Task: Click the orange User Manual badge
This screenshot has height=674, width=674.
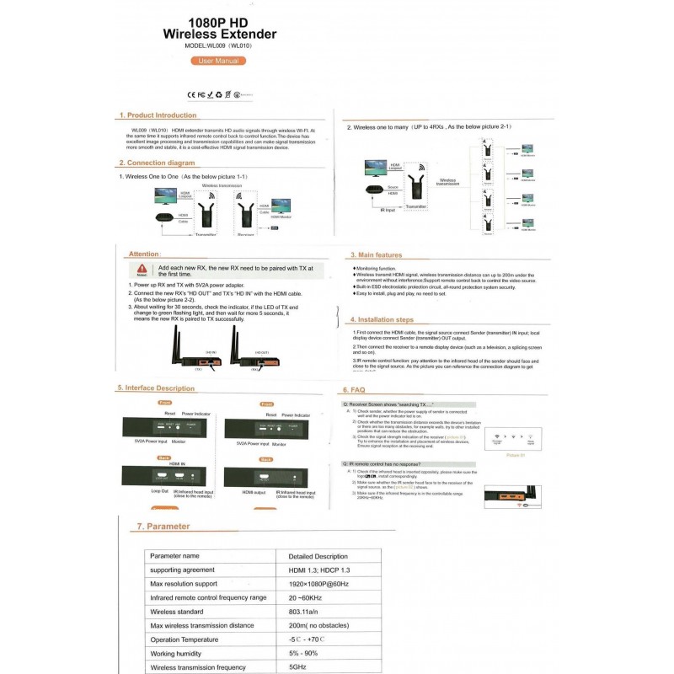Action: pyautogui.click(x=218, y=62)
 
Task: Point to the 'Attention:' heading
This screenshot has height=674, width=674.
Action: pyautogui.click(x=145, y=254)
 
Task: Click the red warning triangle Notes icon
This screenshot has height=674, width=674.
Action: pyautogui.click(x=142, y=270)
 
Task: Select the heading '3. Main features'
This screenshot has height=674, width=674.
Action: pyautogui.click(x=376, y=254)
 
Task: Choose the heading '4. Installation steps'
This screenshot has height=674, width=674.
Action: pyautogui.click(x=382, y=320)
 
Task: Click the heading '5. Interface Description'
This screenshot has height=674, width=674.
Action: pyautogui.click(x=156, y=388)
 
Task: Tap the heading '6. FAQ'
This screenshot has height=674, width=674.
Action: pyautogui.click(x=353, y=391)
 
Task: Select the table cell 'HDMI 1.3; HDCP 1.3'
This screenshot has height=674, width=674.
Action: pyautogui.click(x=320, y=570)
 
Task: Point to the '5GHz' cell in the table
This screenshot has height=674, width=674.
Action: pyautogui.click(x=298, y=666)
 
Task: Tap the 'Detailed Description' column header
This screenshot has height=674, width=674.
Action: pyautogui.click(x=318, y=556)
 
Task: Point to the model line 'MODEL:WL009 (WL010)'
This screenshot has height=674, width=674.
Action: pyautogui.click(x=218, y=47)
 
